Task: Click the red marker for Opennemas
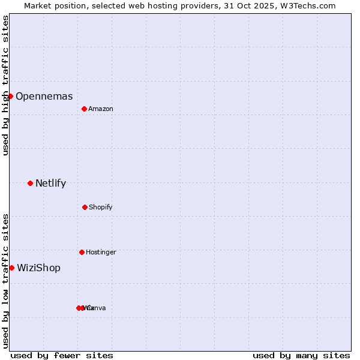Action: point(10,96)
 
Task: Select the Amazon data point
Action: point(84,109)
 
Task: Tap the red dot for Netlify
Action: point(30,183)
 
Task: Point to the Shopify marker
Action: point(85,207)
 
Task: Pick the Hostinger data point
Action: point(82,252)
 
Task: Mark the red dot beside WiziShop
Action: point(11,268)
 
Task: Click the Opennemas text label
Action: point(44,96)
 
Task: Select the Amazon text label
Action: point(101,109)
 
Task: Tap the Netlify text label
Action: point(50,183)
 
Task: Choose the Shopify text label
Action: point(101,207)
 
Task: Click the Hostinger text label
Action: point(101,252)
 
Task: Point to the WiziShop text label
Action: point(38,268)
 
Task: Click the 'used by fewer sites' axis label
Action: point(62,355)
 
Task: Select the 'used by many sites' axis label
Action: point(301,355)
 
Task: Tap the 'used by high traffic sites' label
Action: point(6,85)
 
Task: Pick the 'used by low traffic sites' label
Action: point(6,281)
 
